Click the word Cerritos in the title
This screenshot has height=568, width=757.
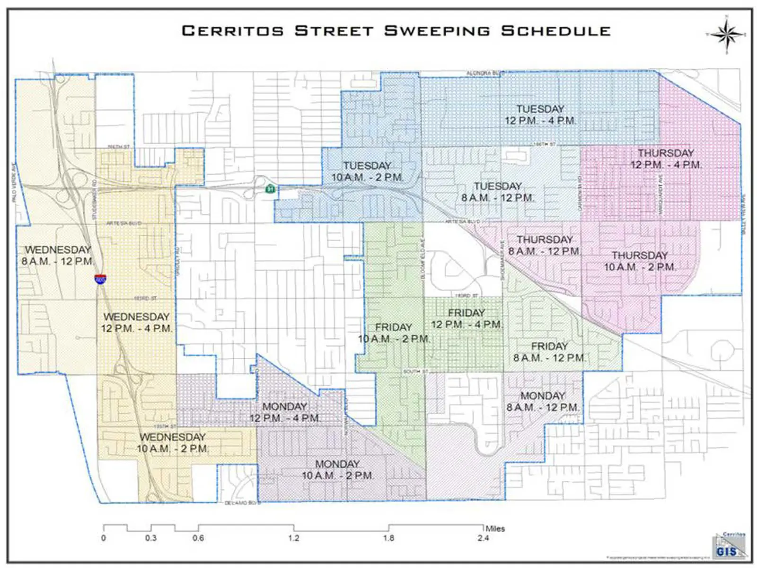point(233,31)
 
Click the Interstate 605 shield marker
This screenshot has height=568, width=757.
point(100,279)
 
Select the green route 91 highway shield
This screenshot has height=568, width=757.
point(270,189)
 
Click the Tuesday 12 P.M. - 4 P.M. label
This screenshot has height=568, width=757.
point(540,115)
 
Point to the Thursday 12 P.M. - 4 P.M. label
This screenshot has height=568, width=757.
point(666,159)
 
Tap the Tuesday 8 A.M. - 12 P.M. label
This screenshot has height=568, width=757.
point(498,192)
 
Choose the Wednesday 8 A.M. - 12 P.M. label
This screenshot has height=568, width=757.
point(57,255)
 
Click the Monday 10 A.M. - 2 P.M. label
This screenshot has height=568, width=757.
point(337,470)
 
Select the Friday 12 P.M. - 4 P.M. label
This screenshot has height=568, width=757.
point(467,319)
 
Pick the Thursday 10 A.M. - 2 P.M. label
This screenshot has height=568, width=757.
point(640,261)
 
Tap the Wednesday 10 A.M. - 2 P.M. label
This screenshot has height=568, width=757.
point(173,443)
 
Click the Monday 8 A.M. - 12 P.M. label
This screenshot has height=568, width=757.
point(543,401)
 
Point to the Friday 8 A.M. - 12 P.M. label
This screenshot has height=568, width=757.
point(549,352)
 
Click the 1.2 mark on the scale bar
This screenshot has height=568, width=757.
point(294,538)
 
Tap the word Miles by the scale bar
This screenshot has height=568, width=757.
point(495,529)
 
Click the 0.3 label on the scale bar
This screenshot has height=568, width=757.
point(151,538)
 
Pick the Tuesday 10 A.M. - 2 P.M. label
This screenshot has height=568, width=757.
point(367,171)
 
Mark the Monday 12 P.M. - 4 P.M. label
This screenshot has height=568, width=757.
point(285,412)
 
